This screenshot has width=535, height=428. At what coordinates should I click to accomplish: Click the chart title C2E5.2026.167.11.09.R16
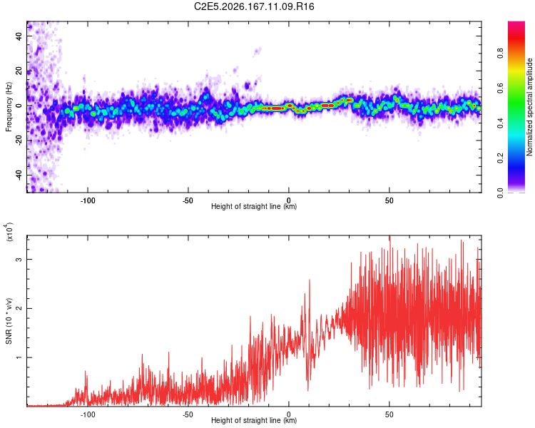point(254,6)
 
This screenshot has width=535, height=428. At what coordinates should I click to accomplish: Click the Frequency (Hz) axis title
point(9,107)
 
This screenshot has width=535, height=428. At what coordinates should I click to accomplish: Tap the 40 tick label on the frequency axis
point(19,36)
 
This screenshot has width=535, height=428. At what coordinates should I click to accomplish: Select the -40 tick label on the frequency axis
point(19,175)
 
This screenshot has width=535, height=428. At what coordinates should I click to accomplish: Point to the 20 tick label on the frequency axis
point(19,71)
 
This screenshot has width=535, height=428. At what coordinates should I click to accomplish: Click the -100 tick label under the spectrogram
point(88,200)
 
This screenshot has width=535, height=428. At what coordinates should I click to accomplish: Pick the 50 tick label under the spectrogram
point(389,200)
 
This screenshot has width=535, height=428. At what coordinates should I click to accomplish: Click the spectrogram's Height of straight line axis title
point(254,206)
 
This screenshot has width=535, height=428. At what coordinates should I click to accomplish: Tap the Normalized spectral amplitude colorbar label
point(529,107)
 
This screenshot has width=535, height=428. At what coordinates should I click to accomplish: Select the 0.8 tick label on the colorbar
point(500,53)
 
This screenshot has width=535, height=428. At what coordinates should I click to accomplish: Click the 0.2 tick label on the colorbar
point(500,158)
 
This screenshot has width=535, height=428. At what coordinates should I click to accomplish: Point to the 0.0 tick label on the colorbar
point(500,193)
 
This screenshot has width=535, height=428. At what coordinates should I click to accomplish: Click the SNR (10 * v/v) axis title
point(9,321)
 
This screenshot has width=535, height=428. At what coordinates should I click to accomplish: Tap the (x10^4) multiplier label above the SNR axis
point(9,232)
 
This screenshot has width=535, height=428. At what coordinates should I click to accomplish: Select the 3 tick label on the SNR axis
point(19,260)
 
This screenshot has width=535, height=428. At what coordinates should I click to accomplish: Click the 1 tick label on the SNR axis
point(19,357)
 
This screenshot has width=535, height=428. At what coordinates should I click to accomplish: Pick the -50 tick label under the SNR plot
point(188,414)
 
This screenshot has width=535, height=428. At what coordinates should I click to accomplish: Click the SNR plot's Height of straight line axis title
point(254,420)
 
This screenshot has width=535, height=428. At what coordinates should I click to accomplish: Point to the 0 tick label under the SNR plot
point(289,414)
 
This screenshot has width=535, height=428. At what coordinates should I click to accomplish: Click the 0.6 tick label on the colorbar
point(500,88)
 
